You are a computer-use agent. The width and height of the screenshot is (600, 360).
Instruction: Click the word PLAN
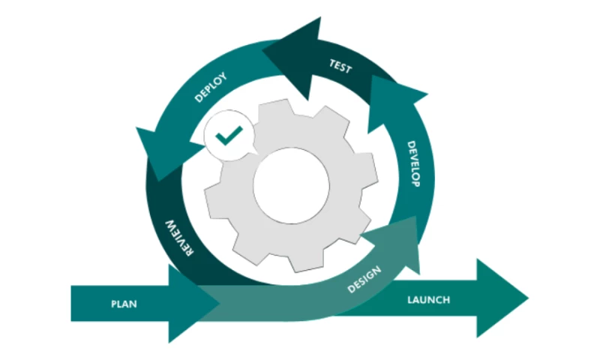[x=124, y=304]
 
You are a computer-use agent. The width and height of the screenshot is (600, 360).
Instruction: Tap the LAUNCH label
[x=428, y=300]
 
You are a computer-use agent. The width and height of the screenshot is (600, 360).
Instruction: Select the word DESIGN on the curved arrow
[x=365, y=280]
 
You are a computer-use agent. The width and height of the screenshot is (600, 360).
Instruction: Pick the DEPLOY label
[x=211, y=87]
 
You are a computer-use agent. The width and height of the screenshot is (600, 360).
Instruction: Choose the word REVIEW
[x=178, y=238]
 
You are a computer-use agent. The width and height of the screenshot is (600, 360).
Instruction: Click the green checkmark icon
[x=228, y=135]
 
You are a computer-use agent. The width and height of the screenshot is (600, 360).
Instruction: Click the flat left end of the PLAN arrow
[x=73, y=304]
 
